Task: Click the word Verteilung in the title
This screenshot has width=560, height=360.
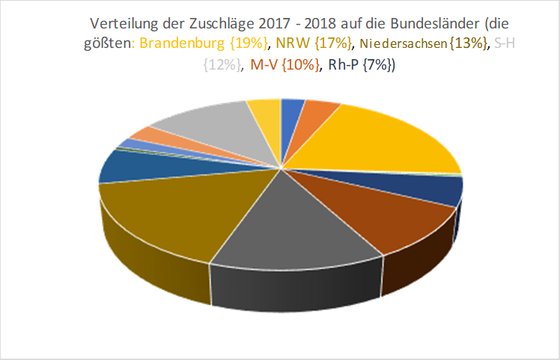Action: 121,23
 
